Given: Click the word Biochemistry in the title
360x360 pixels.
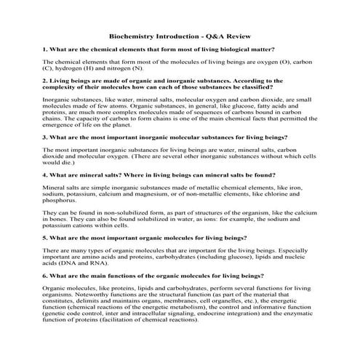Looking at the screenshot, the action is pos(130,35).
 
